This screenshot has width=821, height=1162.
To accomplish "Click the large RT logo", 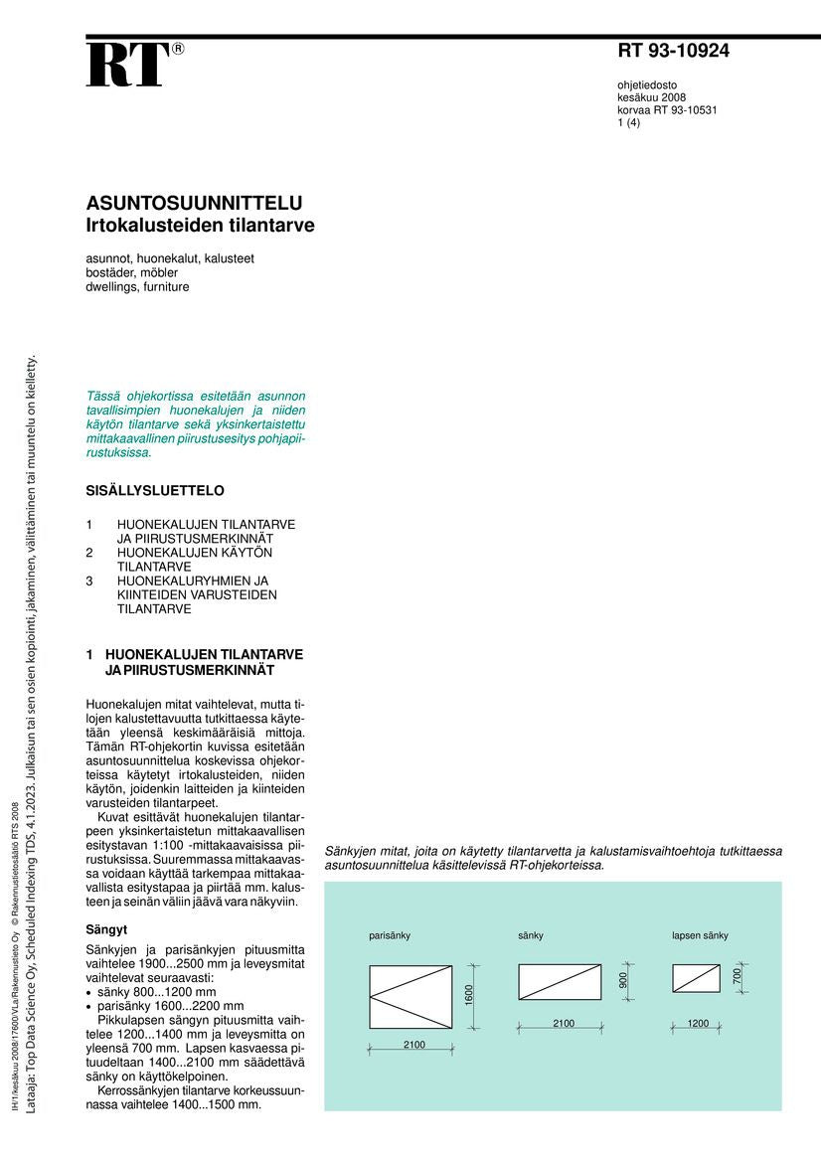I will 127,66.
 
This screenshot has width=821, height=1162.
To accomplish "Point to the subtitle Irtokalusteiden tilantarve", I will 200,226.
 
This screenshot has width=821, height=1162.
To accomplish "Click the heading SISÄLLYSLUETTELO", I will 155,491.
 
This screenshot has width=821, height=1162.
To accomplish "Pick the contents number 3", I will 89,581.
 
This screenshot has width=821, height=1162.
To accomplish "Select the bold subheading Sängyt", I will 107,929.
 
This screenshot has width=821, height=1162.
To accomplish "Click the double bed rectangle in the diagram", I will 410,996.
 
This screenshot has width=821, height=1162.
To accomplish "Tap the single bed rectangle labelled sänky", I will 560,981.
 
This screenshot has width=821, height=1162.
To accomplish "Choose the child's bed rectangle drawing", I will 696,978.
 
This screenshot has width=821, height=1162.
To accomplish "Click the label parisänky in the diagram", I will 390,935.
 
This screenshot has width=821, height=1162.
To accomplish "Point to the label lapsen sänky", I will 700,935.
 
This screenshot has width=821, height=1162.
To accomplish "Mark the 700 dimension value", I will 738,977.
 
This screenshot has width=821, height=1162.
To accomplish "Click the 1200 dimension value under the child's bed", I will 697,1023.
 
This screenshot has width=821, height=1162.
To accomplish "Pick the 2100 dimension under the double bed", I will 413,1045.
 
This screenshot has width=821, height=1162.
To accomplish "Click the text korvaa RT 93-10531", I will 667,110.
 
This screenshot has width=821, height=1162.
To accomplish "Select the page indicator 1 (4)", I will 628,123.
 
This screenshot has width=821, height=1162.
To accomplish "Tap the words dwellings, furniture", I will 137,287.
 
